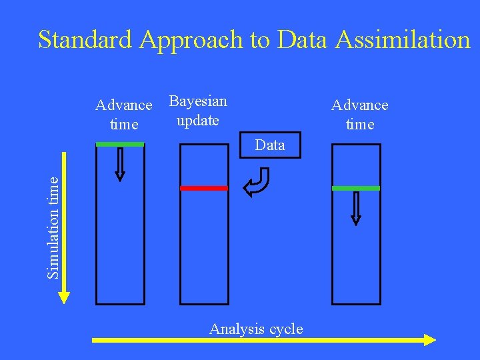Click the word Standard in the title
click(x=86, y=40)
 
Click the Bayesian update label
click(x=198, y=111)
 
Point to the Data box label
click(x=270, y=145)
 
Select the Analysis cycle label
click(x=256, y=329)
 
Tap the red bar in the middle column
click(x=204, y=189)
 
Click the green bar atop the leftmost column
click(x=120, y=144)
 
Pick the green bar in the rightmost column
click(x=356, y=189)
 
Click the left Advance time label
click(x=124, y=115)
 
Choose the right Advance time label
click(x=360, y=115)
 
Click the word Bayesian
click(x=198, y=101)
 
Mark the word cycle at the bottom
click(x=285, y=329)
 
